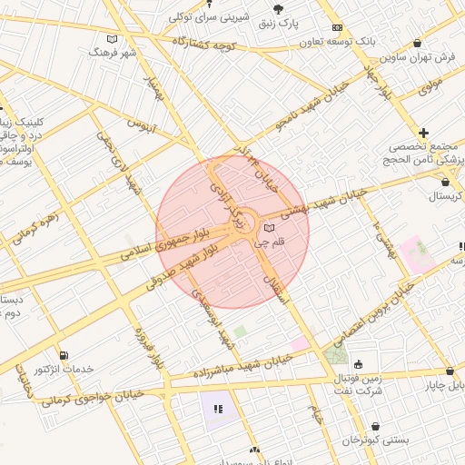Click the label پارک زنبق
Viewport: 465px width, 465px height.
[x=276, y=22]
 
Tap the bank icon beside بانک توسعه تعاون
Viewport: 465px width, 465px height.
[x=337, y=28]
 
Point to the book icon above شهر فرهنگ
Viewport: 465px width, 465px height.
[x=112, y=39]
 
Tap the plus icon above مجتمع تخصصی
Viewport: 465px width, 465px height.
[x=423, y=133]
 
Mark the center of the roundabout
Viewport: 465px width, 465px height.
[x=243, y=221]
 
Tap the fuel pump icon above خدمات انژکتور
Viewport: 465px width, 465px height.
[x=63, y=355]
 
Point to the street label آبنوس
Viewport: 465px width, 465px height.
[x=142, y=124]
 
